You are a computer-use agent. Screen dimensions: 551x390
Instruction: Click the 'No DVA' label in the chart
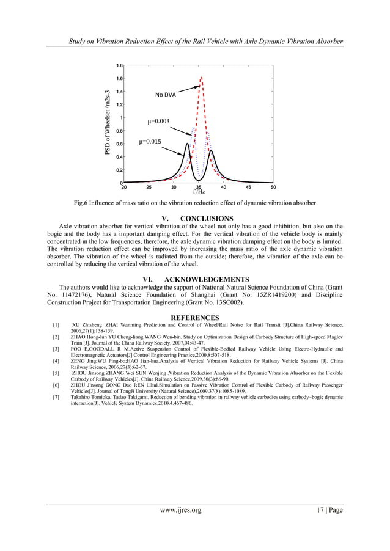coord(165,95)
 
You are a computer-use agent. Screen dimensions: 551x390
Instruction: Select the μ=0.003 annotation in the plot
coord(160,122)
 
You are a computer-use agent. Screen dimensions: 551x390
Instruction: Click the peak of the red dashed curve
coord(201,78)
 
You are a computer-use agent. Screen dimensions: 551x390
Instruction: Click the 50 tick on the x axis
coord(273,188)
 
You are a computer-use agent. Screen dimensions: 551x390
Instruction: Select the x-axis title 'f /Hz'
coord(199,192)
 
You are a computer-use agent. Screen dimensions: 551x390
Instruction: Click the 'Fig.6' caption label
coord(82,203)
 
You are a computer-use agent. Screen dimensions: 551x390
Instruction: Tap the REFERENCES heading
coord(194,318)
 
